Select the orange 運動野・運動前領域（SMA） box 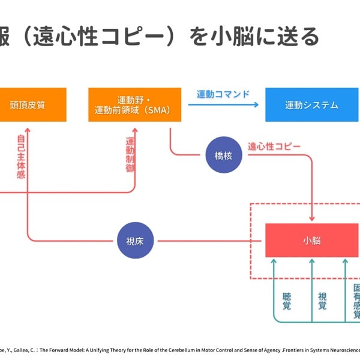tap(134, 105)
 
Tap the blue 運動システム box tap(311, 105)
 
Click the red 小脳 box tap(312, 241)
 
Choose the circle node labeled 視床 tap(136, 241)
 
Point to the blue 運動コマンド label tap(223, 94)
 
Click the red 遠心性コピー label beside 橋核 tap(274, 146)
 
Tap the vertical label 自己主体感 tap(21, 157)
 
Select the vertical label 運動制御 tap(130, 155)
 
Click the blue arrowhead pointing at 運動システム tap(256, 105)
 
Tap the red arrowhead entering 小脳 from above tap(312, 219)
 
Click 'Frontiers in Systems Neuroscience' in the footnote tap(324, 350)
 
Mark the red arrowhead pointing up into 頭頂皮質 tap(28, 127)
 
